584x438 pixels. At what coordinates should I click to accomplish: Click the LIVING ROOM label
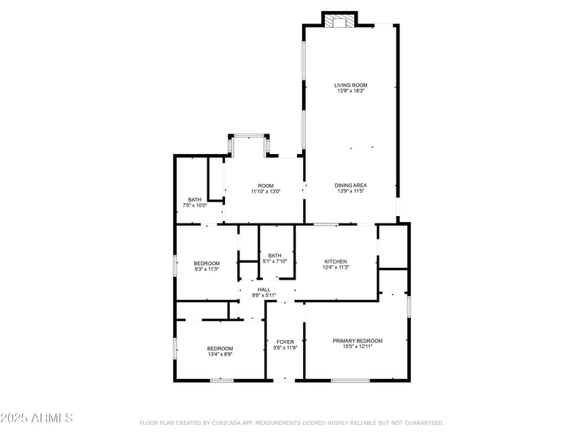[x=350, y=85]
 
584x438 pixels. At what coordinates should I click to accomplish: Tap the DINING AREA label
[x=350, y=185]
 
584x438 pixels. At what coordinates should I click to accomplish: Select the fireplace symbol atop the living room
[x=339, y=20]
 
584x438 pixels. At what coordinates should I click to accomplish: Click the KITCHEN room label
[x=336, y=261]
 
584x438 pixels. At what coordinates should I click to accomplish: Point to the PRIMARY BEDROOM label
[x=357, y=341]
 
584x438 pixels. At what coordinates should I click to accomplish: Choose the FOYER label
[x=285, y=342]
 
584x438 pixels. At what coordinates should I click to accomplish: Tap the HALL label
[x=264, y=289]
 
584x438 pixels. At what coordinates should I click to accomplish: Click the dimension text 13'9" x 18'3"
[x=350, y=91]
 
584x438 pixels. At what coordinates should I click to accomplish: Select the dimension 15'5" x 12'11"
[x=357, y=347]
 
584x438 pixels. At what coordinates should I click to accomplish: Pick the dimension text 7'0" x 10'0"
[x=195, y=205]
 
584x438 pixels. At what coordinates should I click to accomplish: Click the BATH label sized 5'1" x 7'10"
[x=274, y=255]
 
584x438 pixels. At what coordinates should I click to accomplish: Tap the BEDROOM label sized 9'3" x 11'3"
[x=207, y=264]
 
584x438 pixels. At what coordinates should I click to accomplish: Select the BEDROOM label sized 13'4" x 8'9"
[x=220, y=348]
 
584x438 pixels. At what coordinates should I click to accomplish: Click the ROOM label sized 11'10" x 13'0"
[x=265, y=185]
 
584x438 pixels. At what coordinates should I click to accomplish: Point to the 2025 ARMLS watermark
[x=36, y=418]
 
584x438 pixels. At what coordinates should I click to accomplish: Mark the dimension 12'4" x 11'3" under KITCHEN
[x=336, y=267]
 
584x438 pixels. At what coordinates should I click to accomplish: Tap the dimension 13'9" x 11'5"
[x=350, y=191]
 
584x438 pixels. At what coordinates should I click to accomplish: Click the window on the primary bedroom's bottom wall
[x=350, y=380]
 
